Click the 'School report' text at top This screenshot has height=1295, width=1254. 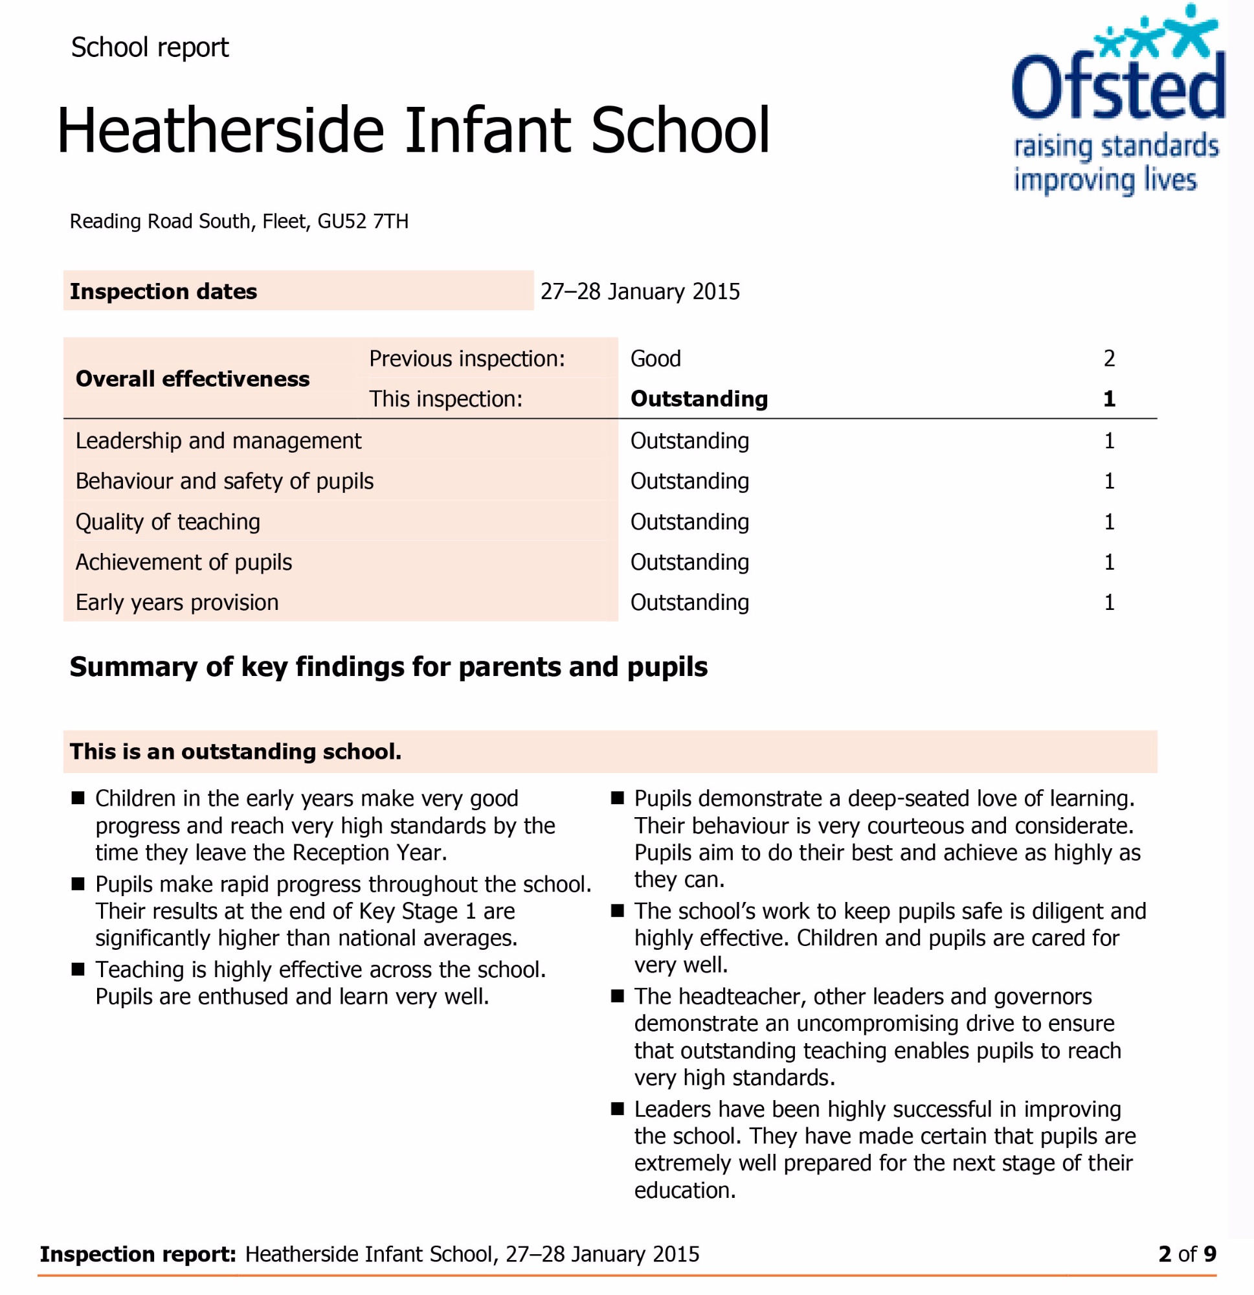tap(150, 47)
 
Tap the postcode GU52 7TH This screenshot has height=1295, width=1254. tap(363, 221)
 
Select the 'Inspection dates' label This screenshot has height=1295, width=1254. tap(163, 291)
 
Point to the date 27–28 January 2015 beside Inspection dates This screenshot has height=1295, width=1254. tap(640, 291)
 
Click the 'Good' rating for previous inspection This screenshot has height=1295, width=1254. tap(655, 359)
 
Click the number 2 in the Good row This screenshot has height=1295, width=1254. tap(1108, 359)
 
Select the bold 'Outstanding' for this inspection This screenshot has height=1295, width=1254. tap(699, 399)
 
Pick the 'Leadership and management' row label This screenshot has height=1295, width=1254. tap(218, 441)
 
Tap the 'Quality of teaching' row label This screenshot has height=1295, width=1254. tap(168, 522)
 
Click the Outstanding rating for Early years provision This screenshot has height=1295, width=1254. tap(689, 603)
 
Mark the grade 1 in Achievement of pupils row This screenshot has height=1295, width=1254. tap(1108, 562)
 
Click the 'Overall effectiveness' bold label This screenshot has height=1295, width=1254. tap(192, 379)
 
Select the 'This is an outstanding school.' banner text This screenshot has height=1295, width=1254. tap(235, 752)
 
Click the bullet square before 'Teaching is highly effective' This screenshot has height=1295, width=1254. tap(78, 969)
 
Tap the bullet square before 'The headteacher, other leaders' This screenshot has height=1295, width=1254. tap(617, 997)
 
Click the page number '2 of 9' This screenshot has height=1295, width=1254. tap(1187, 1254)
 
